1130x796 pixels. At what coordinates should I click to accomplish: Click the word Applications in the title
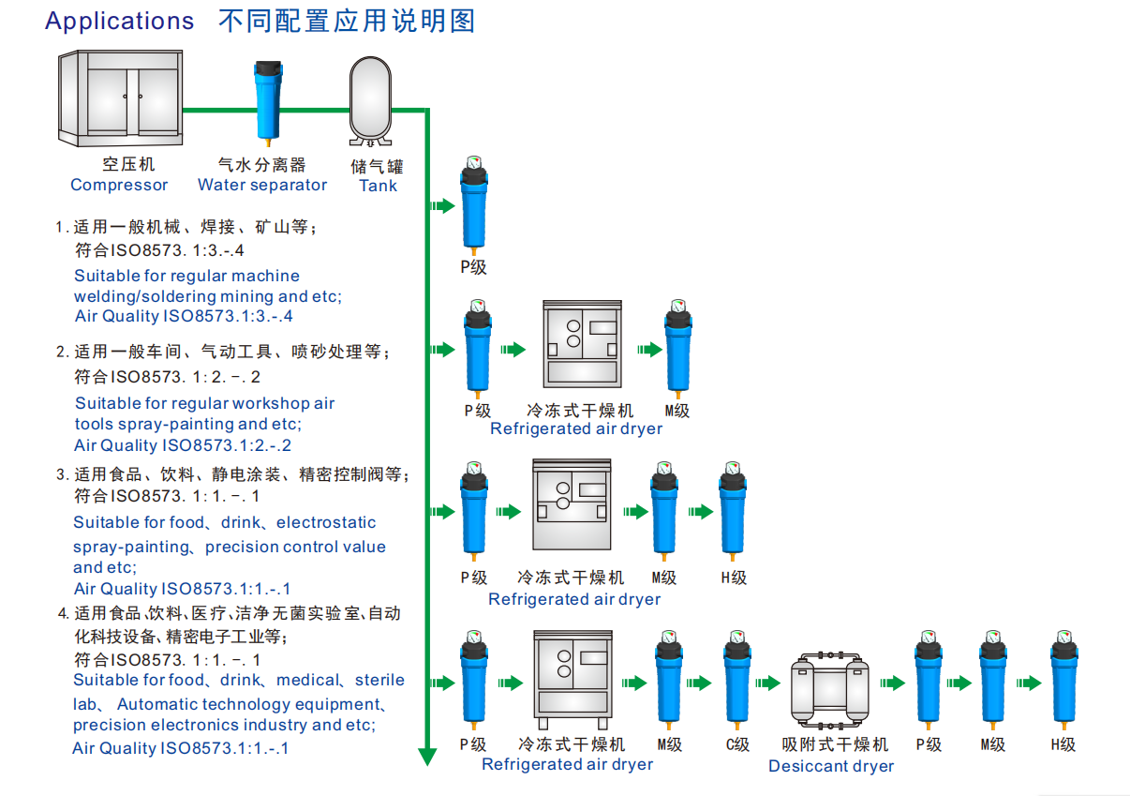pos(120,22)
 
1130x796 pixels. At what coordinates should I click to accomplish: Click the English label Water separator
pos(262,185)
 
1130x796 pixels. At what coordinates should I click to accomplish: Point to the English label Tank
pos(378,186)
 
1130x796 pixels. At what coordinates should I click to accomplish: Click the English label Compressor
pos(119,185)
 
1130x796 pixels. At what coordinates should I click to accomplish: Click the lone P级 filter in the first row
pos(474,211)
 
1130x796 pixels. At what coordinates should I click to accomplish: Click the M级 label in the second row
pos(677,411)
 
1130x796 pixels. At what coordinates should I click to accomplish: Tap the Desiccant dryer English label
pos(830,766)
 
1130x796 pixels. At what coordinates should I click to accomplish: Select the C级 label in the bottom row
pos(737,744)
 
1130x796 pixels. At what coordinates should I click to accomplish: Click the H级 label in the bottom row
pos(1063,744)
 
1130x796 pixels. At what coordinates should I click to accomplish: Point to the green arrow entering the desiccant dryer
pos(768,683)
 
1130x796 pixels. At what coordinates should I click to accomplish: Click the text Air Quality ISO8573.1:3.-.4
pos(184,317)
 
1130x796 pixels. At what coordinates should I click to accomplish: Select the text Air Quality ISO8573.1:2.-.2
pos(183,446)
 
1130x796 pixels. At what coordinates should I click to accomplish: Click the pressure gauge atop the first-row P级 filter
pos(474,163)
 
